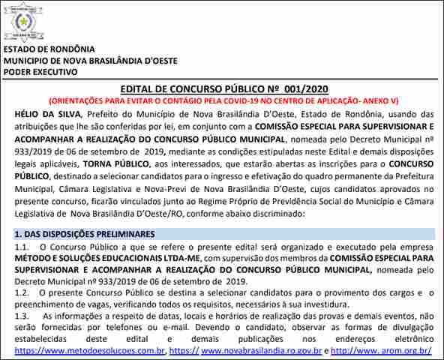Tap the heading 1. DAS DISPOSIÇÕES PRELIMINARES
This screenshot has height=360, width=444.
click(85, 234)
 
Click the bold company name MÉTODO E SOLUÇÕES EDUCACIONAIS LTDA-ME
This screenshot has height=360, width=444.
click(94, 257)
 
